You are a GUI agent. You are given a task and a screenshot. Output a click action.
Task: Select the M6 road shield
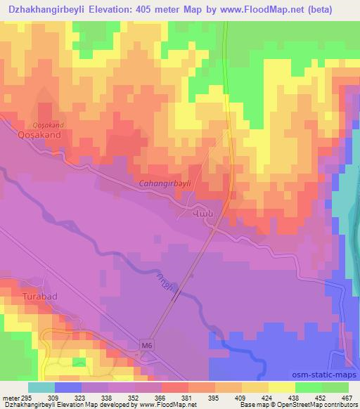(x=146, y=344)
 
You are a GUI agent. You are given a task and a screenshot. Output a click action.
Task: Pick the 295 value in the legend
(x=27, y=398)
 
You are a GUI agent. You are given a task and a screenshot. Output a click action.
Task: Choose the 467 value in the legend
(x=345, y=398)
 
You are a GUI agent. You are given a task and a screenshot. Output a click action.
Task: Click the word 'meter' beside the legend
(x=10, y=398)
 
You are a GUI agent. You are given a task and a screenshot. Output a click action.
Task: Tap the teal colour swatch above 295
(x=42, y=387)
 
